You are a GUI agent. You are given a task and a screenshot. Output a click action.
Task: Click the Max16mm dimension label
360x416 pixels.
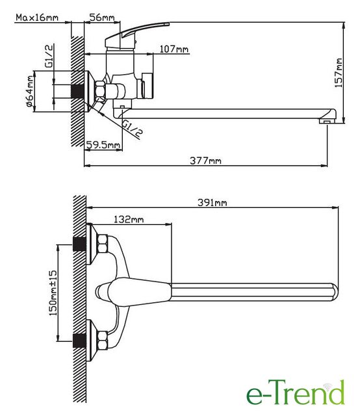(x=37, y=18)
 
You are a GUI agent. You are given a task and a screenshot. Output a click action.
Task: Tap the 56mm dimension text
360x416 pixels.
(x=102, y=18)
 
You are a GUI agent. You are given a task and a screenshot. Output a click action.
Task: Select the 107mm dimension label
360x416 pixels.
(x=174, y=49)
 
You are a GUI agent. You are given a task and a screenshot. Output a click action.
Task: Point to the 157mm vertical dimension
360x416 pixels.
(x=339, y=73)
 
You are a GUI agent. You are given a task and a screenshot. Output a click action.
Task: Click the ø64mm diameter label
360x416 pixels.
(x=30, y=91)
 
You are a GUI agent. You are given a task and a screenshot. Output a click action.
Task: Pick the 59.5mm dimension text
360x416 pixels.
(x=103, y=145)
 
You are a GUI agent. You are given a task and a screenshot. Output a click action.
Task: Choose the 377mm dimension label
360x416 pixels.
(x=205, y=161)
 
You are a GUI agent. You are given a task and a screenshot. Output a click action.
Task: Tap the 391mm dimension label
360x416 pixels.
(x=212, y=203)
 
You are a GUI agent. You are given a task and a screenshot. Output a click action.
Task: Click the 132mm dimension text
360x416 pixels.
(x=129, y=220)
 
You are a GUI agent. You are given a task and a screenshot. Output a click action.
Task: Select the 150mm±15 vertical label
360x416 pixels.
(x=53, y=293)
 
